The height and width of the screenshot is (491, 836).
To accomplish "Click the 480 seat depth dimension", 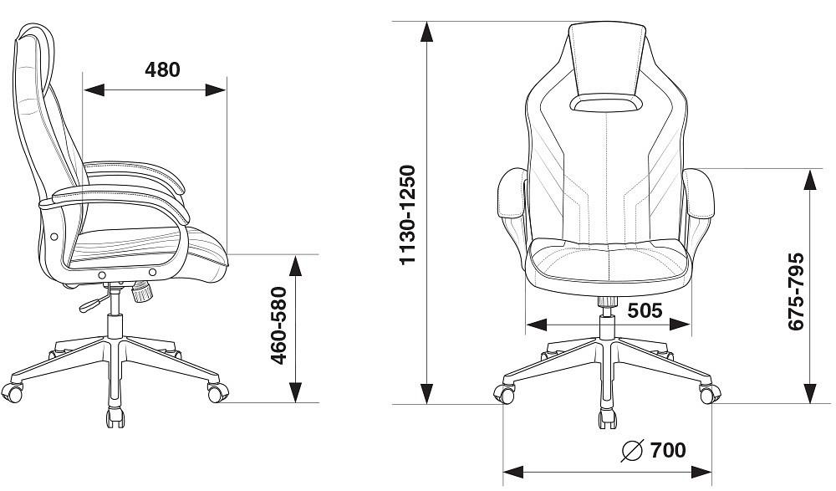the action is pos(163,70).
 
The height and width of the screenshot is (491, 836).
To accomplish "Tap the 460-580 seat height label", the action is pos(279,325).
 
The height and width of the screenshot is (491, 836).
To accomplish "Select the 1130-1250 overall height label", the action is pos(407,214).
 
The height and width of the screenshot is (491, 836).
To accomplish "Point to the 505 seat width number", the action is pos(645,310).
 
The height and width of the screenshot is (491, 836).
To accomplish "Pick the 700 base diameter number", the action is pos(668,450).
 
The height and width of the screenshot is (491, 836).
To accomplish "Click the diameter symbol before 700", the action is pos(633,451).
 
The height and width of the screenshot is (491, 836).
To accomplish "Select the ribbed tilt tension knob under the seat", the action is pos(142,291).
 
